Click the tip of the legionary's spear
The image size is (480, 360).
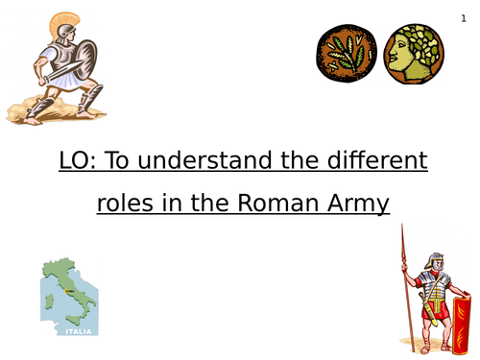(401, 228)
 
